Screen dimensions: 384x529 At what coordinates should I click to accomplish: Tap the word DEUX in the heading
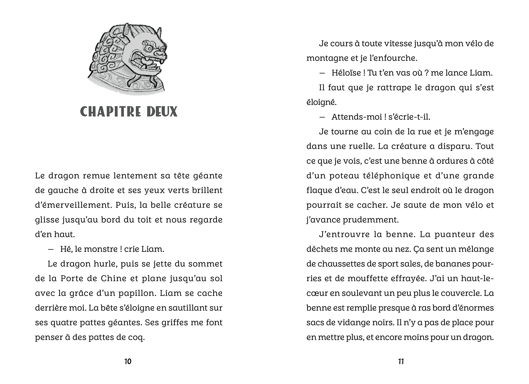pos(162,112)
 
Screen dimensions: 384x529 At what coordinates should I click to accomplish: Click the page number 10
pos(128,362)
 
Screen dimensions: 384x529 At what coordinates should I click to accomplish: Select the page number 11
pos(401,362)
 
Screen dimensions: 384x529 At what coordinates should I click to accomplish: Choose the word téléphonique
pos(388,176)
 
